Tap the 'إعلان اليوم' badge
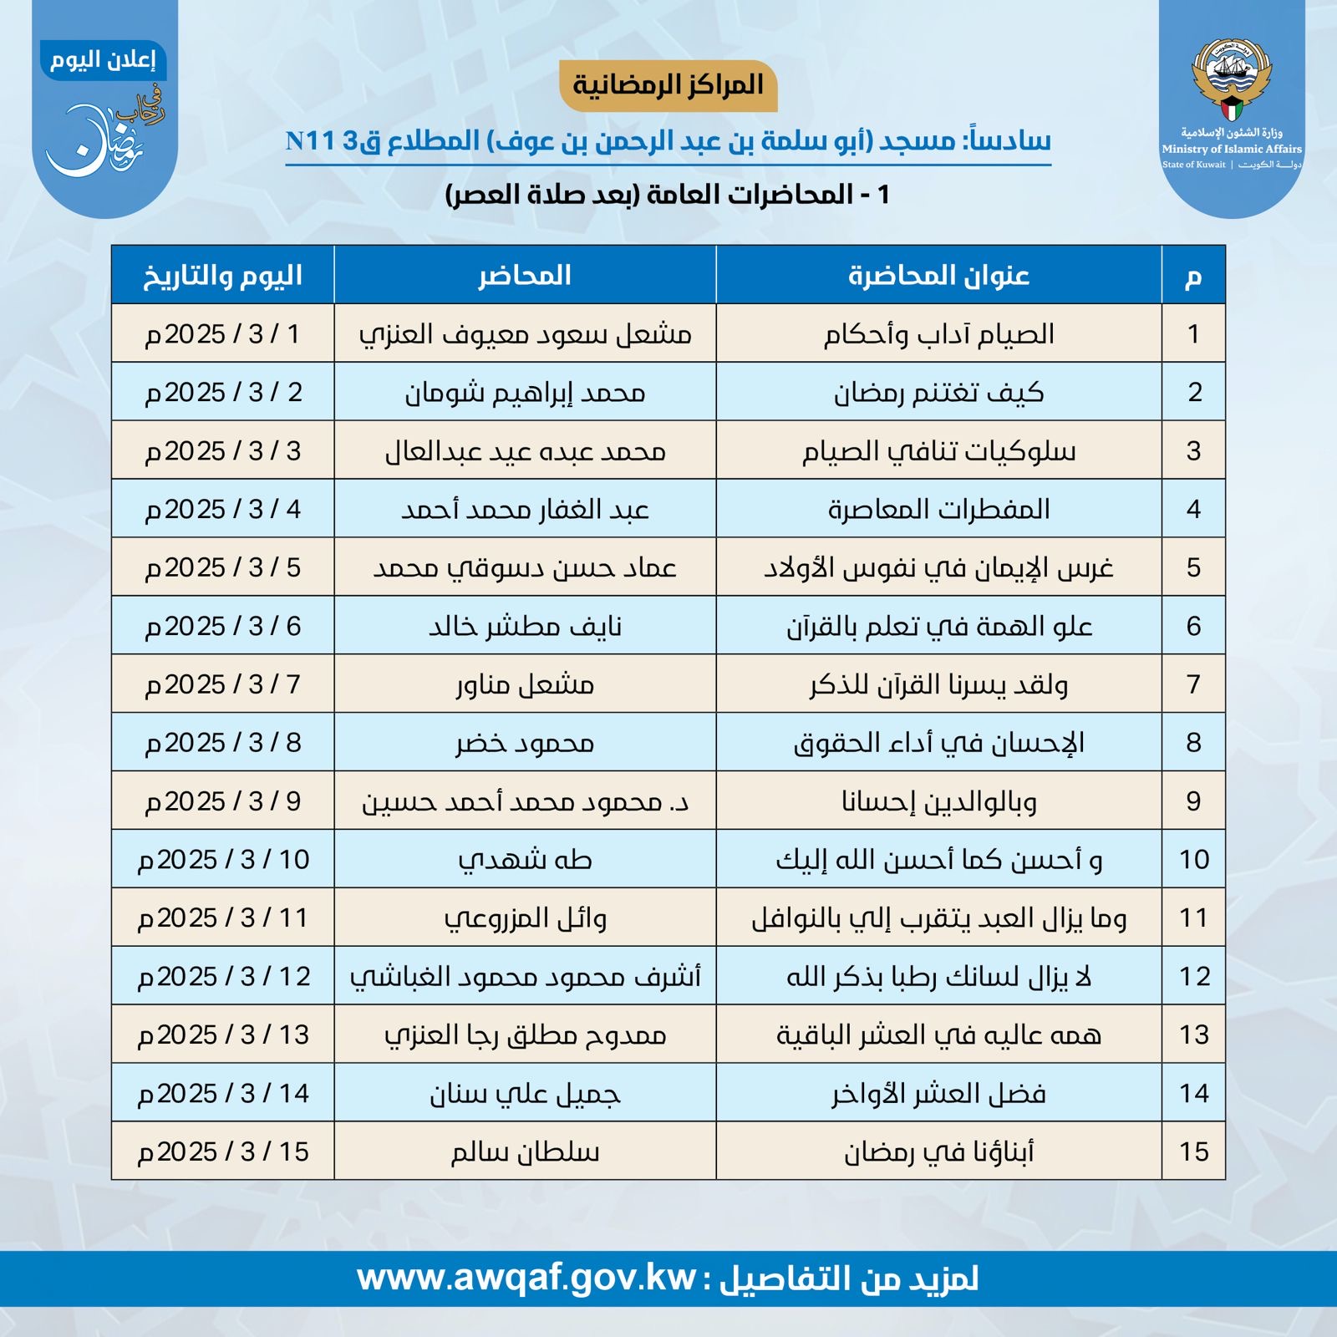pos(103,60)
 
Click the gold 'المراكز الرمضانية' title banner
pos(668,85)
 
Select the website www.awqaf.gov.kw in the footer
pos(526,1278)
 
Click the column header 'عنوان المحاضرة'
pos(938,275)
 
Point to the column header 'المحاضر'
pos(525,275)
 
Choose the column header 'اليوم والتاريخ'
pos(223,275)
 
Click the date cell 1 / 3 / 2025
pos(223,334)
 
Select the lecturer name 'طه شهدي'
pos(525,860)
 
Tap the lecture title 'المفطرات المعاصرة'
pos(938,509)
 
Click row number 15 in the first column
pos(1193,1151)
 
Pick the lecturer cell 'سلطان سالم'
pos(525,1151)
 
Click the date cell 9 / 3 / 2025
pos(223,801)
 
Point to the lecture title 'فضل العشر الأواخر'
pos(938,1093)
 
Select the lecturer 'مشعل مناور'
pos(525,684)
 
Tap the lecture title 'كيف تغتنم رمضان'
pos(938,392)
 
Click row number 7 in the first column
pos(1193,684)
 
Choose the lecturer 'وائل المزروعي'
pos(525,918)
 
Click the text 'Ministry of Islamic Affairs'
pos(1231,149)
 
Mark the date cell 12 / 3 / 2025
pos(223,977)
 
